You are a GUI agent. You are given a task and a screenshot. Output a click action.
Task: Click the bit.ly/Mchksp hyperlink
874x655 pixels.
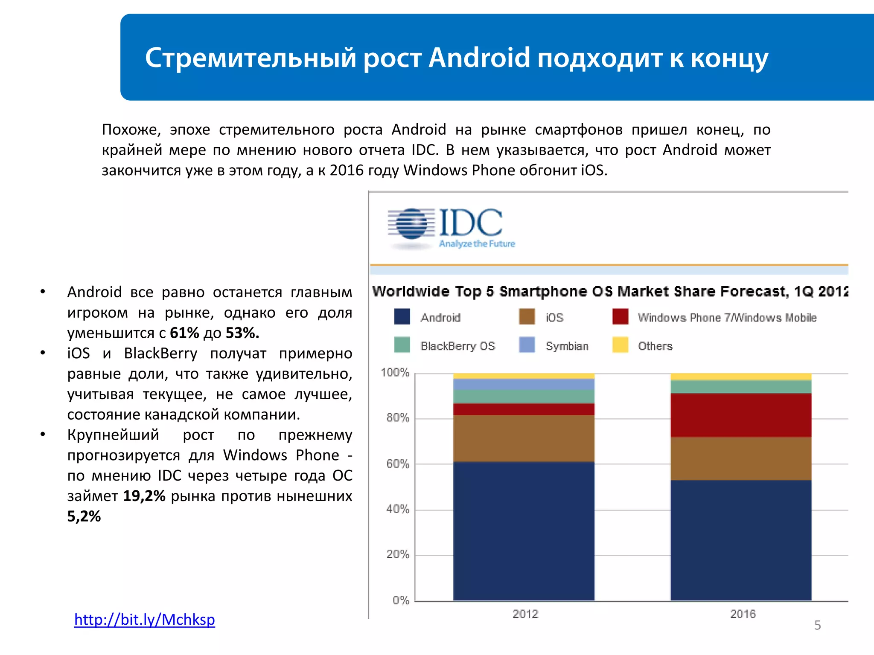[144, 619]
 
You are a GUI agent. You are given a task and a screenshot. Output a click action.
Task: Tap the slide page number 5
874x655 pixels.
[817, 625]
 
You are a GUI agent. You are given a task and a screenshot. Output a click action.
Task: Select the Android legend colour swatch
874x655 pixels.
[402, 317]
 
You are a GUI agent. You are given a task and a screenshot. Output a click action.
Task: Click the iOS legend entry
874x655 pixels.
[554, 318]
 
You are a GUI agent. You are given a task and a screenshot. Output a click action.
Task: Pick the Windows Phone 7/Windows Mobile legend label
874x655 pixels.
[727, 318]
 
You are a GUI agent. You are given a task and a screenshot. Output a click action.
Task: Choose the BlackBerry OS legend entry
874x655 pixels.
[457, 346]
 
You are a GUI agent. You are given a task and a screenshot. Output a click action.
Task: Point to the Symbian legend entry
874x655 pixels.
[566, 346]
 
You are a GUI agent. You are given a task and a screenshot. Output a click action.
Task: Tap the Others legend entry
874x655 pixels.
[655, 346]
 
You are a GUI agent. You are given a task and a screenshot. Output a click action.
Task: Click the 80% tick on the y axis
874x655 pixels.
[398, 417]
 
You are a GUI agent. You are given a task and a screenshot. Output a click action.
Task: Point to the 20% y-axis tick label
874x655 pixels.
[398, 554]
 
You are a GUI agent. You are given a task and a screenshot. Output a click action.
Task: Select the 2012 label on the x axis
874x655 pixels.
[525, 614]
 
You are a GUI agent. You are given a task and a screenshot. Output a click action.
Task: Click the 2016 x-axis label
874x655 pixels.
[742, 614]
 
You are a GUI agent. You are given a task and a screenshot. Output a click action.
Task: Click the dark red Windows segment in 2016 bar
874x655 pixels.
[740, 415]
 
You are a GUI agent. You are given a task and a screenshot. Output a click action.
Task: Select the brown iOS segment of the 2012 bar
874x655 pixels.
[524, 438]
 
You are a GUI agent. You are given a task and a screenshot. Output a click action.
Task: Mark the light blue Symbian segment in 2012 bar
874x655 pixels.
[524, 384]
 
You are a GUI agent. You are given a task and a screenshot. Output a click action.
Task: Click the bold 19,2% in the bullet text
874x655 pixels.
[144, 496]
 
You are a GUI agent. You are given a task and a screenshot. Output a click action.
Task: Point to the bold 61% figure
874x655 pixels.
[184, 333]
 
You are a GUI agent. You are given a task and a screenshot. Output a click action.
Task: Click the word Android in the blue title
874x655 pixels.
[479, 58]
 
